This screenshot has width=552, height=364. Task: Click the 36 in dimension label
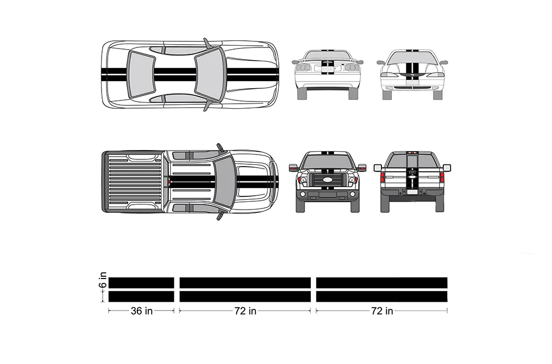(141, 311)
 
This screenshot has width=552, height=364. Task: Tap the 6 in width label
(103, 280)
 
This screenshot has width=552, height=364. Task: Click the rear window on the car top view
(140, 74)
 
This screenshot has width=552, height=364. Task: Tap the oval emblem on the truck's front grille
(327, 180)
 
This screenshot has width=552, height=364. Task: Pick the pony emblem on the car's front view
(412, 75)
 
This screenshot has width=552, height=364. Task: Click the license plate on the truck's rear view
(412, 192)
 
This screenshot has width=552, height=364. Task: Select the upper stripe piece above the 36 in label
(141, 283)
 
